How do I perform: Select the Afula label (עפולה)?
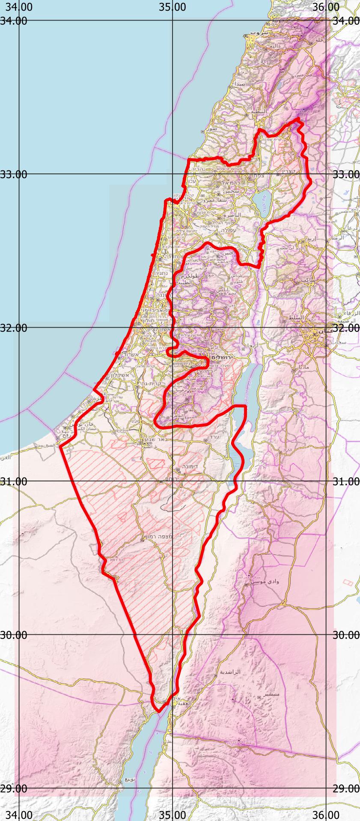[226, 230]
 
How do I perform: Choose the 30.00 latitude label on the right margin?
[346, 635]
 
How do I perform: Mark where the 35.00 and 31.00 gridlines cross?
[172, 481]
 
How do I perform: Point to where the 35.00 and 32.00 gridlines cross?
[172, 328]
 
